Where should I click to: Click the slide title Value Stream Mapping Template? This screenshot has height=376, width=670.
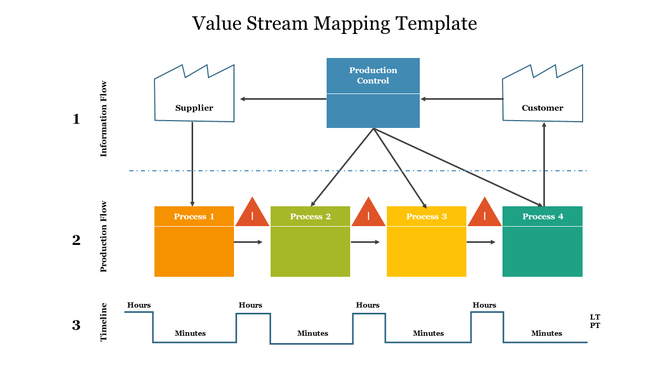pos(334,22)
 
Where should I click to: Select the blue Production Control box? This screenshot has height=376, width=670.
pos(373,93)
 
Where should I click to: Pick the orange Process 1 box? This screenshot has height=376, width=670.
pos(193,241)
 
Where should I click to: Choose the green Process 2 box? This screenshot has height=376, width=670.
pos(310,241)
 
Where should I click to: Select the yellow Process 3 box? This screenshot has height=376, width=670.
pos(426,241)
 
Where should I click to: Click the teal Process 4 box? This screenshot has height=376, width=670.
pos(542,241)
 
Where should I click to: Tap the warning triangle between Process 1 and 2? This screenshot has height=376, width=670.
pos(252,212)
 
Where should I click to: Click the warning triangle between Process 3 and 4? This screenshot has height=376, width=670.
pos(484,212)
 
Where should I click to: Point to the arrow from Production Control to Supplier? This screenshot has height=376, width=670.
pos(282,99)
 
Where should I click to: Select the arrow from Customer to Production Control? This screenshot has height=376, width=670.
pos(461,99)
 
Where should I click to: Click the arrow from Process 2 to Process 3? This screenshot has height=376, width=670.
pos(367,242)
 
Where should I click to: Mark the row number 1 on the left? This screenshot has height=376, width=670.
pos(76,119)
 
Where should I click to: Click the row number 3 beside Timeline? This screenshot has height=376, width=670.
pos(76,325)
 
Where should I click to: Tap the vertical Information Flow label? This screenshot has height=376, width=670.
pos(103,119)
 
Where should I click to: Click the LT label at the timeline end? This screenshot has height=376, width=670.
pos(596,317)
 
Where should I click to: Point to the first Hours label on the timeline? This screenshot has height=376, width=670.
pos(138,305)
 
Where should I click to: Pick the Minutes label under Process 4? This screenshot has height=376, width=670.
pos(546,333)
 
